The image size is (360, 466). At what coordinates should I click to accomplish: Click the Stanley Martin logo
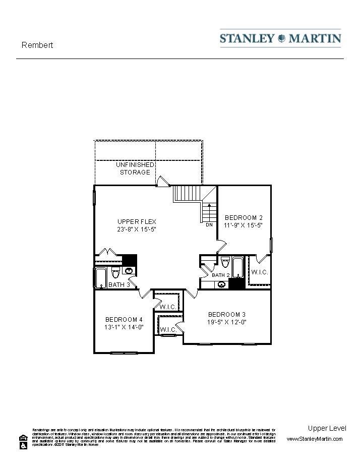(x=280, y=38)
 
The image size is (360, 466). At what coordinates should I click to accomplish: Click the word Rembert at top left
(x=37, y=45)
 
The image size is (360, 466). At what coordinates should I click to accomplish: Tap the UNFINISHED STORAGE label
(x=135, y=168)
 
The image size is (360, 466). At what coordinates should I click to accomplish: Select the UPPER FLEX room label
(x=137, y=221)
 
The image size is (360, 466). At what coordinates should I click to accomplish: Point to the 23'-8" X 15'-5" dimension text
(x=137, y=229)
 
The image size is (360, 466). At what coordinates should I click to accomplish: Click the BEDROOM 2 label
(x=244, y=218)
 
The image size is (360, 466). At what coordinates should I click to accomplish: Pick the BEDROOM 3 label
(x=227, y=314)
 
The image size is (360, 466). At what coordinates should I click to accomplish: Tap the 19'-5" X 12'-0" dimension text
(x=227, y=322)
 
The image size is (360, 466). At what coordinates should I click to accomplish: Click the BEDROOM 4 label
(x=124, y=319)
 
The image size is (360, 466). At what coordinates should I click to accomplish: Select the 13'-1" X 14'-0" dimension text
(x=124, y=327)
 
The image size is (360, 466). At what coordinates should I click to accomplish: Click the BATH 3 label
(x=119, y=285)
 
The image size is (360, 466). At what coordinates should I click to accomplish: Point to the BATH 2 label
(x=221, y=275)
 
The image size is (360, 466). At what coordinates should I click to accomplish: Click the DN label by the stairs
(x=209, y=225)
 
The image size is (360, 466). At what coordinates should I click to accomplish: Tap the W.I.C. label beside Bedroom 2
(x=259, y=272)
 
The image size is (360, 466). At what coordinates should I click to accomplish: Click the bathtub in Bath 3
(x=100, y=277)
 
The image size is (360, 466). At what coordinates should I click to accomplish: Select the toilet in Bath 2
(x=225, y=262)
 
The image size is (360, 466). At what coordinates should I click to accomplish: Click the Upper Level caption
(x=327, y=428)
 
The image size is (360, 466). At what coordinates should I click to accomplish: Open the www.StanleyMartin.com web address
(x=315, y=439)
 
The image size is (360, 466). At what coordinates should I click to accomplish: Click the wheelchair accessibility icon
(x=23, y=446)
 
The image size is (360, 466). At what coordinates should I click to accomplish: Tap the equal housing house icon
(x=23, y=438)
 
